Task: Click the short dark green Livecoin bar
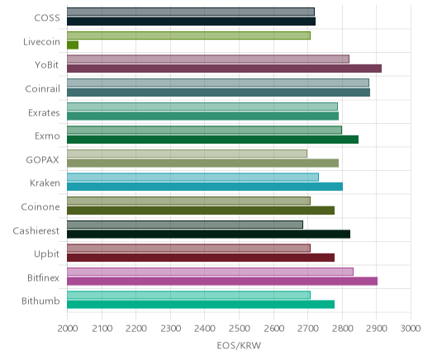[73, 45]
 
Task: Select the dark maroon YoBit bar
[224, 69]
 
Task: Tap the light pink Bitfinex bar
[210, 272]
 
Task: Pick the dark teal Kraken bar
[205, 187]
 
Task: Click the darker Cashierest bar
[208, 234]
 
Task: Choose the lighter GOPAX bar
[187, 154]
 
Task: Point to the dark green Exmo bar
[212, 140]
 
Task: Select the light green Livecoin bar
[188, 36]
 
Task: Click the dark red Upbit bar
[201, 258]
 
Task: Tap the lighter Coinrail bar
[218, 83]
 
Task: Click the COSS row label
[47, 18]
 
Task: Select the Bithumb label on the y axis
[40, 301]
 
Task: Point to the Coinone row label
[40, 206]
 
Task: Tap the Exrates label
[44, 112]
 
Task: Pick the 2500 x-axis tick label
[239, 329]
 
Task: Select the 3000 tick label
[411, 329]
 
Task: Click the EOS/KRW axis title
[239, 345]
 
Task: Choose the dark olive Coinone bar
[201, 211]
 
